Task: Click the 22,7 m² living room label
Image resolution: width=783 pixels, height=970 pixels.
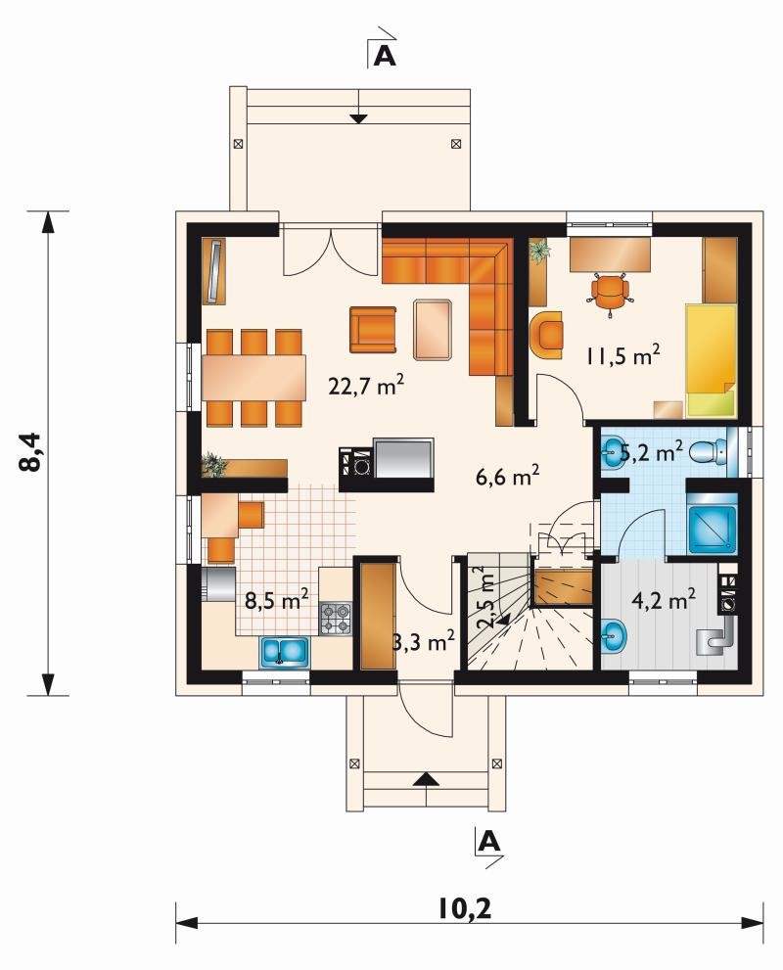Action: (x=366, y=386)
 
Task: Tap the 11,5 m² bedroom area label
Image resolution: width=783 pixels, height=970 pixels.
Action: (x=622, y=355)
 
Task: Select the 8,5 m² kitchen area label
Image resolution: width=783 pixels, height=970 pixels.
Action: (x=277, y=599)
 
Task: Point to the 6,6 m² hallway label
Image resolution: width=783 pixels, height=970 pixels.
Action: (x=508, y=476)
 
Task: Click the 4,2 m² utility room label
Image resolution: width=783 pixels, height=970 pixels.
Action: (x=664, y=598)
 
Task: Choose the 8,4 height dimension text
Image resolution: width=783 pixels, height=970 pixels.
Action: (x=31, y=451)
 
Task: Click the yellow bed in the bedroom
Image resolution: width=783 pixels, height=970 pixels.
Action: (x=712, y=359)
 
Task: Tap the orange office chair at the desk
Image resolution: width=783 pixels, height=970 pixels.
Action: (x=610, y=294)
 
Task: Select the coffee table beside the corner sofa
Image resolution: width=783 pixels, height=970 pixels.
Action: (x=433, y=329)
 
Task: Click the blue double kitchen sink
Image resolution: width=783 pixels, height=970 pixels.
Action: (x=285, y=652)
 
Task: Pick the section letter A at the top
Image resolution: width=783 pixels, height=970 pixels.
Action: (x=385, y=57)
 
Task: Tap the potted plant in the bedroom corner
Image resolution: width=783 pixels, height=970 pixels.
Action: (x=539, y=251)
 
